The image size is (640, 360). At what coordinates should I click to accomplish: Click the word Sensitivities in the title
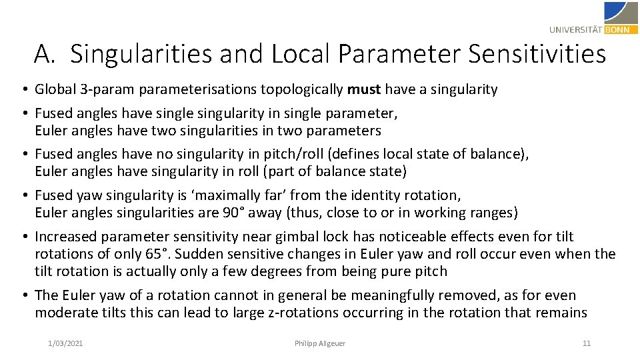pos(537,53)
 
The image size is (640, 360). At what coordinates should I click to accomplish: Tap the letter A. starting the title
pos(45,53)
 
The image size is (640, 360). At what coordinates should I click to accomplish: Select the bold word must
pos(364,89)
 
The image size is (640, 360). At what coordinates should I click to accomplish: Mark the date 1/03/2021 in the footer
pos(65,343)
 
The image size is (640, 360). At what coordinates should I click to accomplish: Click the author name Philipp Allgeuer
pos(320,343)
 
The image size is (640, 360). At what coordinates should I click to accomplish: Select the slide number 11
pos(587,343)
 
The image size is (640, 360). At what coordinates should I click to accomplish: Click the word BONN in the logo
pos(621,29)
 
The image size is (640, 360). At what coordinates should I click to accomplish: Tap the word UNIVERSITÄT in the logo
pos(577,29)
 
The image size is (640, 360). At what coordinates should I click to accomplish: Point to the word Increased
pos(66,237)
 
